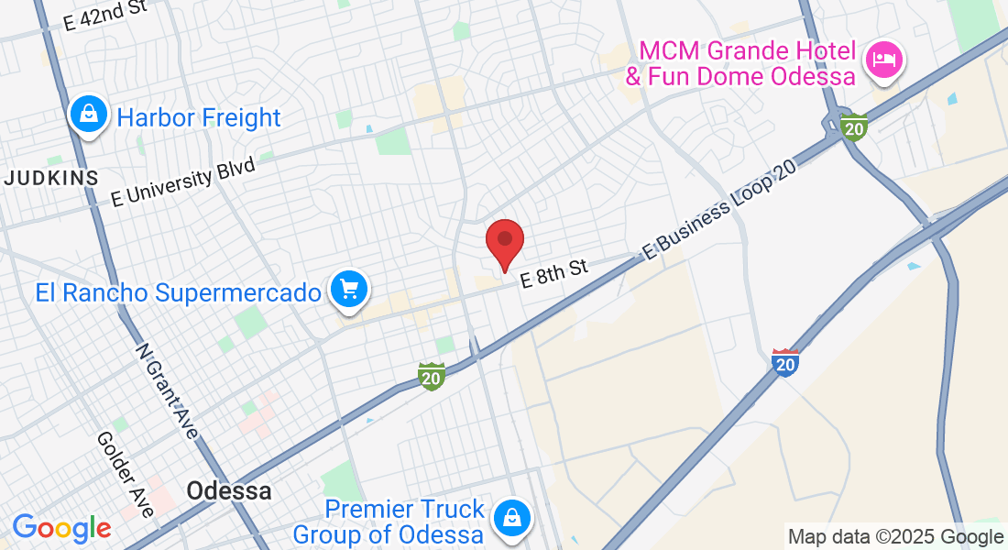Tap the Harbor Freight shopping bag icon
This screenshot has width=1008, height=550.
[88, 115]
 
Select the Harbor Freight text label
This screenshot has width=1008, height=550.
[199, 117]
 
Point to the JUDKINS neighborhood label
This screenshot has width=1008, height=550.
[50, 178]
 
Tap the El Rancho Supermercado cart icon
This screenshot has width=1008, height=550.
[348, 291]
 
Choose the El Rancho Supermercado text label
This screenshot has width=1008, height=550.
[179, 292]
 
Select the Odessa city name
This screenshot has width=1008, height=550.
[229, 490]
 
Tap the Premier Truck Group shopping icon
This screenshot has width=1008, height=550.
[511, 518]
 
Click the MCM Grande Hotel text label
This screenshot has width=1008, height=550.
[740, 62]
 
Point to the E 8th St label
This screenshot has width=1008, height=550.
[553, 274]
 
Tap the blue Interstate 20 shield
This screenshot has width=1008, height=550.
[785, 363]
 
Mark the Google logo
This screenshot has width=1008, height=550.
[62, 527]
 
